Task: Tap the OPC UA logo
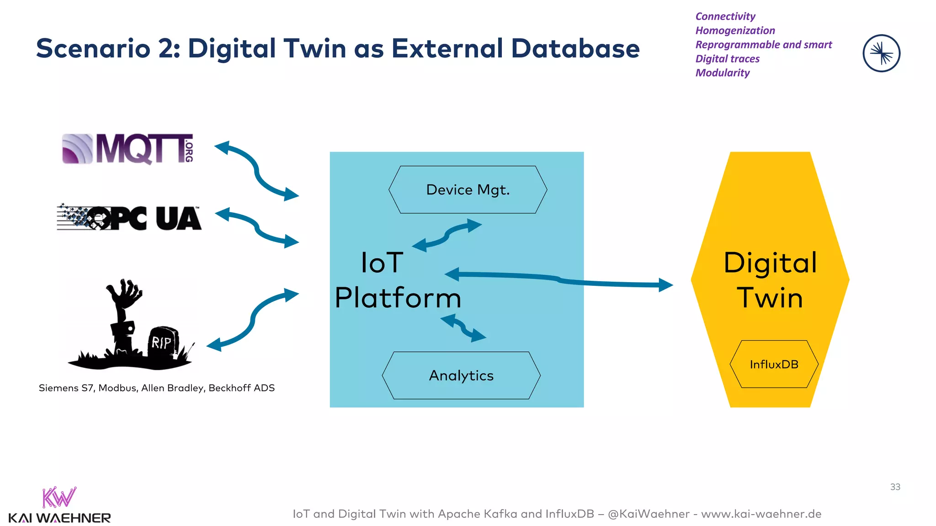[129, 218]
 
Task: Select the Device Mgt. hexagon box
[468, 189]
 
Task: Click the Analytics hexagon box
[461, 375]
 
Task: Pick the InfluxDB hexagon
[774, 364]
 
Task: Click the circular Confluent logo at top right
[881, 53]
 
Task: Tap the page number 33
[895, 487]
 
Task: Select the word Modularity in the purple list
[723, 73]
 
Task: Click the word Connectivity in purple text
[725, 16]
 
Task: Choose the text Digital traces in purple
[727, 59]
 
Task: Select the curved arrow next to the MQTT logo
[257, 171]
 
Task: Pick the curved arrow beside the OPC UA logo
[257, 227]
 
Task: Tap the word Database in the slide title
[575, 48]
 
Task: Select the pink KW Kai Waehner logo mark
[59, 498]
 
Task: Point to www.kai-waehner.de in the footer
[761, 514]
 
